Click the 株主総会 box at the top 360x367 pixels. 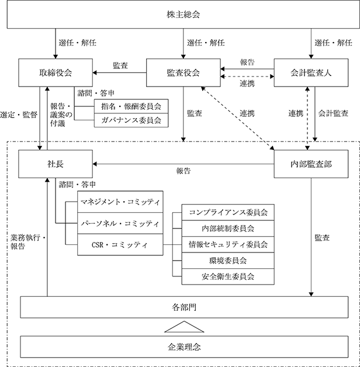click(184, 15)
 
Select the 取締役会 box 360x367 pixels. click(56, 72)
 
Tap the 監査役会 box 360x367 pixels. click(184, 72)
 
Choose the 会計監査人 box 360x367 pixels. click(311, 72)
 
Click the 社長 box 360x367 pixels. click(56, 164)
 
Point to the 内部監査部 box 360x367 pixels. click(311, 164)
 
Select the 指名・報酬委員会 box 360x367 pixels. click(131, 106)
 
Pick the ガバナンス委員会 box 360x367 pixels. click(131, 120)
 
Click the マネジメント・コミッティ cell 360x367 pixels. click(120, 202)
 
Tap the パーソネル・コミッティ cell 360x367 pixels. click(120, 223)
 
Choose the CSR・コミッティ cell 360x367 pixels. click(120, 245)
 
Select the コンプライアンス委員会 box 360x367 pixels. click(228, 212)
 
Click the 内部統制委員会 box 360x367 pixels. click(228, 228)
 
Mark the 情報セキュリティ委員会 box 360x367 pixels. click(228, 245)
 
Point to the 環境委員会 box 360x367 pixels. click(228, 261)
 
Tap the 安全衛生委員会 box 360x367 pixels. click(228, 276)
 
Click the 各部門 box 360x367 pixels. click(184, 307)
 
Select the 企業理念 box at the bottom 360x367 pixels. click(184, 347)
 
